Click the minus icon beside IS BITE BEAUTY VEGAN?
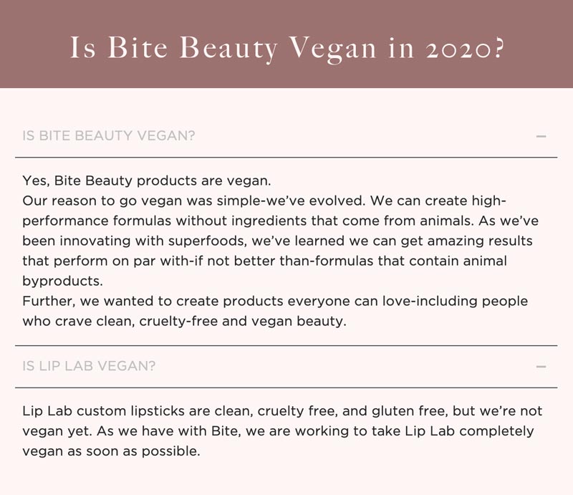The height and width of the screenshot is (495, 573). tap(541, 136)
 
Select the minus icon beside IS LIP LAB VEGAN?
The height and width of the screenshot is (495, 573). tap(541, 366)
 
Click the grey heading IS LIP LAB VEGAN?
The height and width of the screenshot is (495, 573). tap(89, 366)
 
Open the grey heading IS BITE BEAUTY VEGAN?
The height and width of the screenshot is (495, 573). tap(109, 135)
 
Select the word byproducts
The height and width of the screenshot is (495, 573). tap(62, 281)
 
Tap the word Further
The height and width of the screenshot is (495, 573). tap(49, 301)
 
